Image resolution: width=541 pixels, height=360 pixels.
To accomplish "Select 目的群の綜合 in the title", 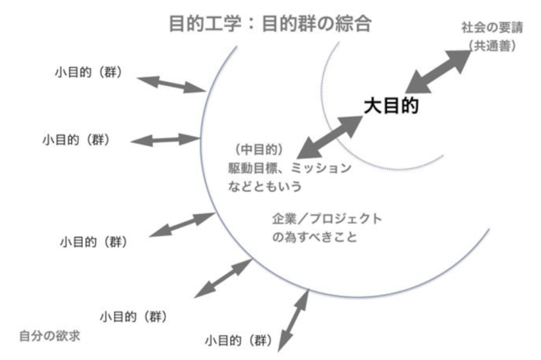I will (x=316, y=22).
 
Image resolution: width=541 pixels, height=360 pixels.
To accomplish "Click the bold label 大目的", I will (x=392, y=106).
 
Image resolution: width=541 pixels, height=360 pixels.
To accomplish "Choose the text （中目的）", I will (x=257, y=150).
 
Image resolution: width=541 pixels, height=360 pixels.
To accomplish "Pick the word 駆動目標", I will (x=254, y=168).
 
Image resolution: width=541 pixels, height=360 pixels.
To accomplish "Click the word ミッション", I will (x=322, y=168).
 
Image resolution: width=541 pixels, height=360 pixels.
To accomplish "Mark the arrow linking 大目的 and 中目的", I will (x=328, y=137).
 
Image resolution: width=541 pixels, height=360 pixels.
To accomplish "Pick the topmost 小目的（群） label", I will (x=86, y=71).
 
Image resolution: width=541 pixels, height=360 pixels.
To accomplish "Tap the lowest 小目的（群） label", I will (x=238, y=339).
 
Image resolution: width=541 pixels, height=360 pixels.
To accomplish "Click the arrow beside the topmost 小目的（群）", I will (x=170, y=84).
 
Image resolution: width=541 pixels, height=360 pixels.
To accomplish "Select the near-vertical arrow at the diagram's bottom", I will (x=291, y=319).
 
